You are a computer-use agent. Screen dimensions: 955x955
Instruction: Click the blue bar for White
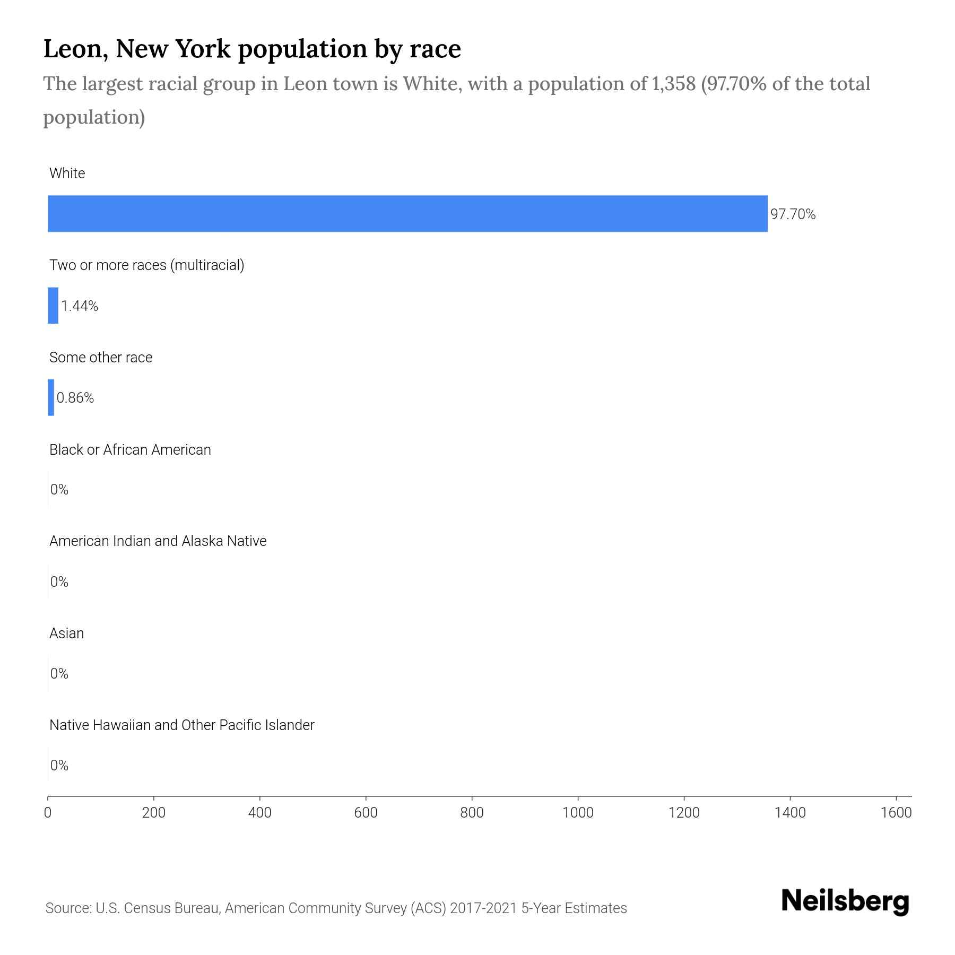pyautogui.click(x=407, y=213)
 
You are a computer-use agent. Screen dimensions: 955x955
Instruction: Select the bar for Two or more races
pyautogui.click(x=53, y=305)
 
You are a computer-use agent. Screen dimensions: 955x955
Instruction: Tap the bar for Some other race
pyautogui.click(x=51, y=397)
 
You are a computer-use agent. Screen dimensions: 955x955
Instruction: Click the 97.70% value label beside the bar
pyautogui.click(x=793, y=214)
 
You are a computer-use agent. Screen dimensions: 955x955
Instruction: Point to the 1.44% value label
pyautogui.click(x=80, y=306)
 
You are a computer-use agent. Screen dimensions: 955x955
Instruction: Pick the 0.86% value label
pyautogui.click(x=75, y=398)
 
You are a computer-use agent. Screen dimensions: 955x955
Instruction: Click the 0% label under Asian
pyautogui.click(x=59, y=674)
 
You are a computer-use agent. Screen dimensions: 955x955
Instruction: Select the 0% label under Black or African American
pyautogui.click(x=59, y=490)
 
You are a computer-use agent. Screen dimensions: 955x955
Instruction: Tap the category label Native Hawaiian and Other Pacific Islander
pyautogui.click(x=181, y=725)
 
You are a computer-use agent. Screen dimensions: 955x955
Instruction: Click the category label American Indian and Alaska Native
pyautogui.click(x=158, y=541)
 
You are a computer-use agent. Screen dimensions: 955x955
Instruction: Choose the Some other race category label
pyautogui.click(x=101, y=358)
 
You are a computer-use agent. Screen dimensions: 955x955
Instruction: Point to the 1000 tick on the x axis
pyautogui.click(x=578, y=812)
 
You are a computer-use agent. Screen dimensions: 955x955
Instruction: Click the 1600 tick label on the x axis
pyautogui.click(x=896, y=812)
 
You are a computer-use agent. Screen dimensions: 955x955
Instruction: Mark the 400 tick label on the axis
pyautogui.click(x=259, y=812)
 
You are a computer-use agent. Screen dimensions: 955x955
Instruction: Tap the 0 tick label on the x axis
pyautogui.click(x=48, y=812)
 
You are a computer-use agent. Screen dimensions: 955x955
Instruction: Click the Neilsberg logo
pyautogui.click(x=845, y=901)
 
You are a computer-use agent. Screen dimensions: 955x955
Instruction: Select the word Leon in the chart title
pyautogui.click(x=73, y=49)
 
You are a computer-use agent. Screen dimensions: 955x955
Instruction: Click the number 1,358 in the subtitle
pyautogui.click(x=670, y=84)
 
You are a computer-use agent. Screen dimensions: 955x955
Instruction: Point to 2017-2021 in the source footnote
pyautogui.click(x=483, y=908)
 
